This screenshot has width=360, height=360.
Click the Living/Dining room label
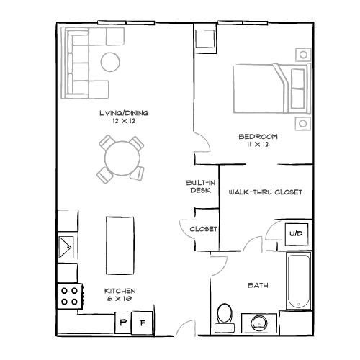[x=118, y=114]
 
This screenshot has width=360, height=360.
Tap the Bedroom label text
[x=258, y=136]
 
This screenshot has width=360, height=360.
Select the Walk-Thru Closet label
[x=264, y=192]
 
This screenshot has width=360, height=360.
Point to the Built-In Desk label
[x=199, y=187]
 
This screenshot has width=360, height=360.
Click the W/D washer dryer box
[x=295, y=234]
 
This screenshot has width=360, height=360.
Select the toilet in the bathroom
[x=225, y=315]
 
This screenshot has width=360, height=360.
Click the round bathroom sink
[x=257, y=322]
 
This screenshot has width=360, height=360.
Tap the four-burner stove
[x=68, y=295]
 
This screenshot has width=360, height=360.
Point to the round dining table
[x=120, y=157]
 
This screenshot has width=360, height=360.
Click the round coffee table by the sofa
[x=110, y=63]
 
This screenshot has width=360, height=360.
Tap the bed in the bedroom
[x=268, y=88]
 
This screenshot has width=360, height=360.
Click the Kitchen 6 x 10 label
[x=120, y=294]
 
